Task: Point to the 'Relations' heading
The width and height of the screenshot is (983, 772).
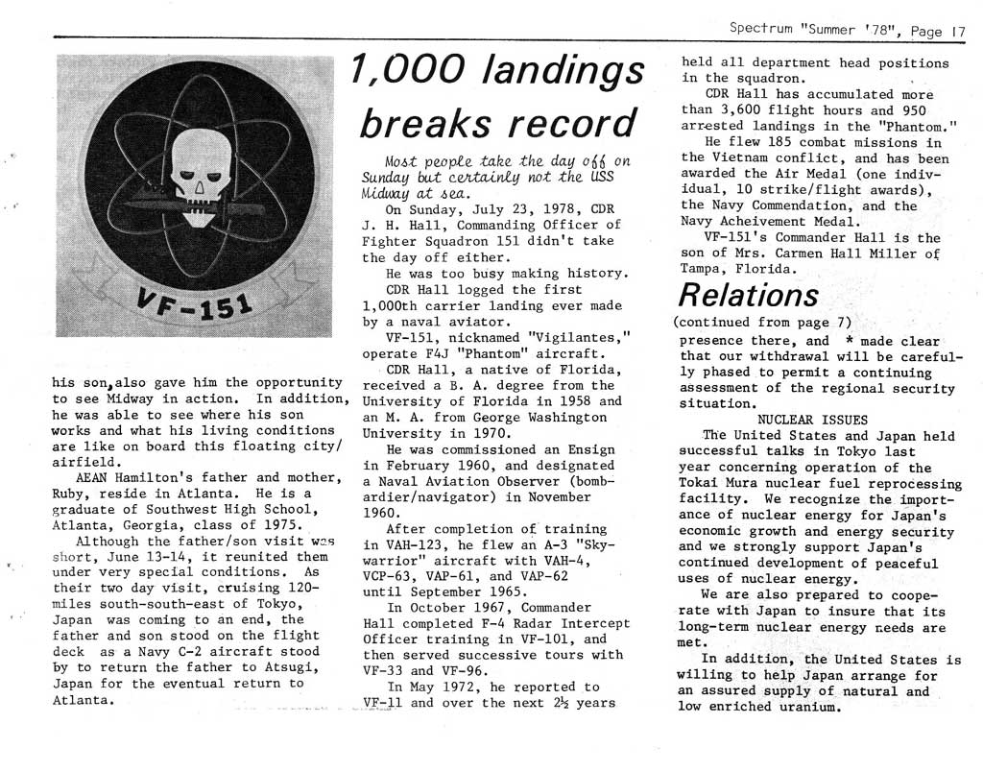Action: click(x=749, y=293)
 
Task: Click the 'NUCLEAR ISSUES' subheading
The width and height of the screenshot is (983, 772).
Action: click(x=812, y=420)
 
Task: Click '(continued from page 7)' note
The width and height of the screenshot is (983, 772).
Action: click(x=762, y=321)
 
